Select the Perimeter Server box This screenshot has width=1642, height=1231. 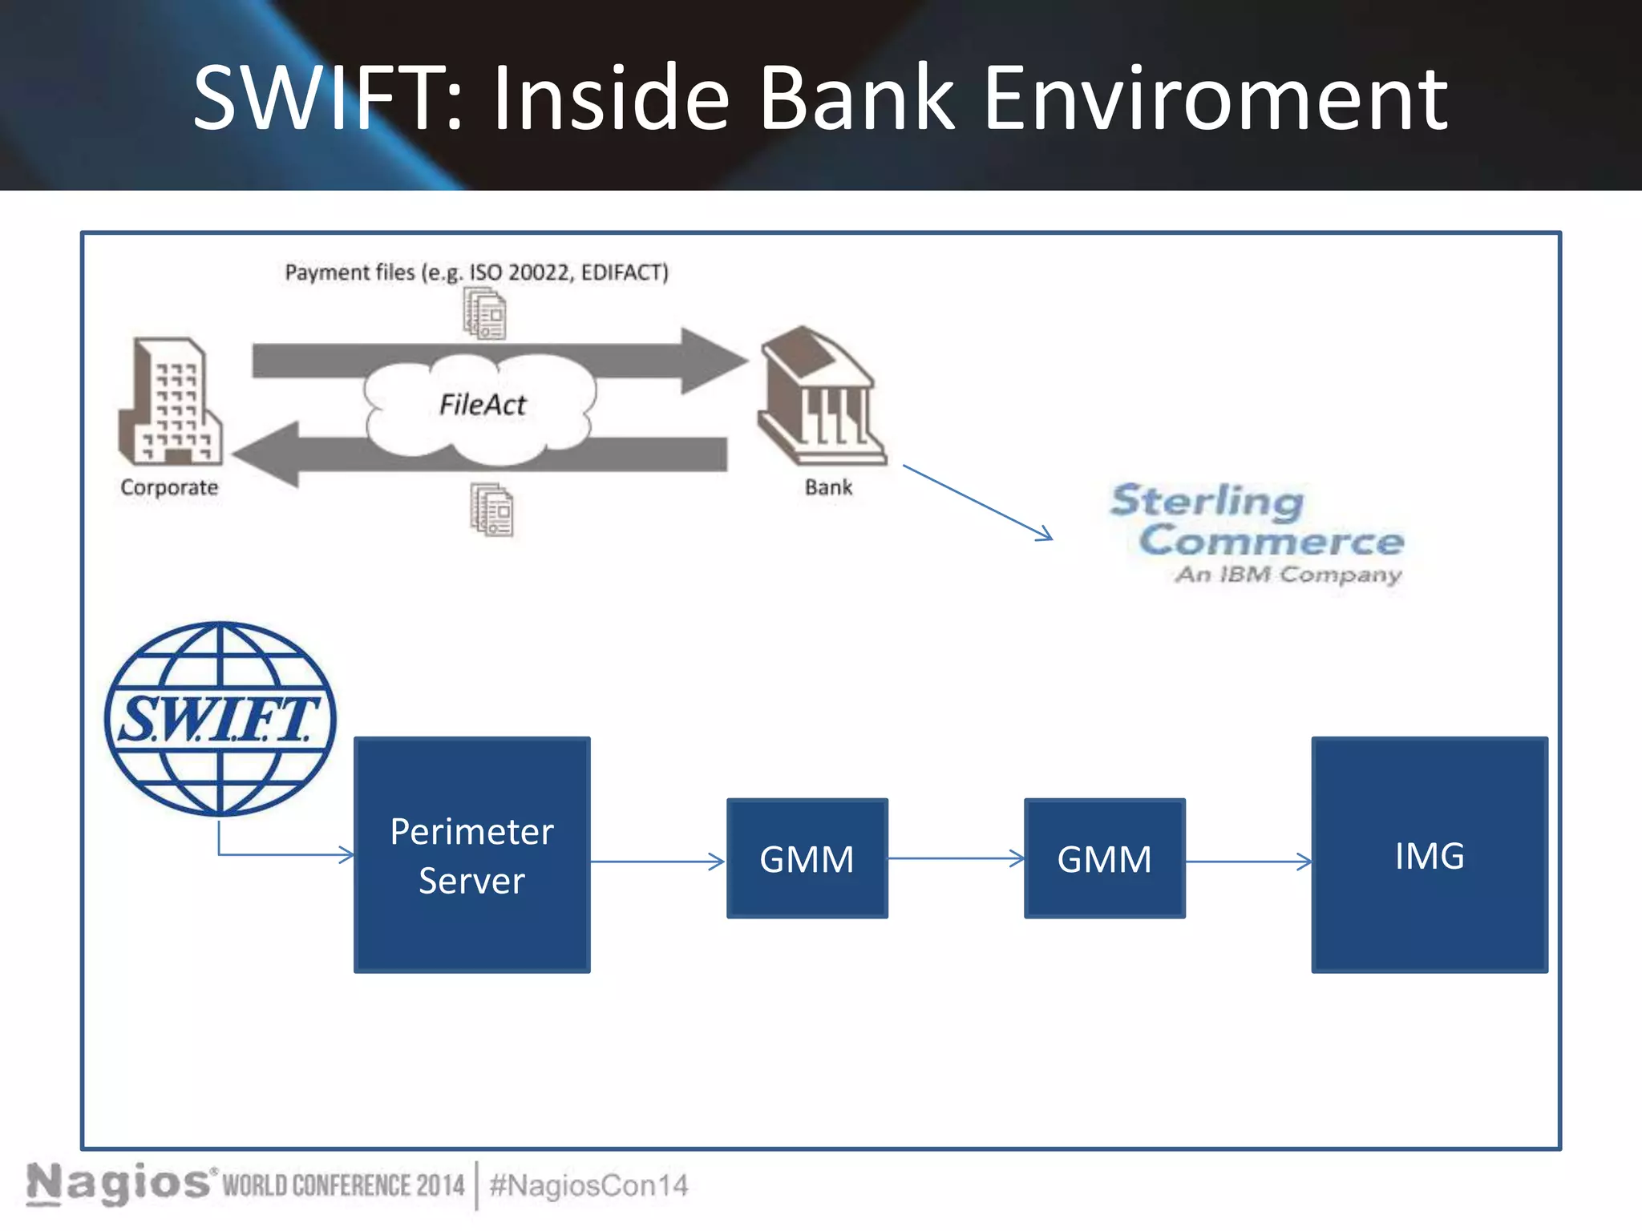click(x=471, y=855)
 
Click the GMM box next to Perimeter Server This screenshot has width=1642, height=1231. click(x=807, y=858)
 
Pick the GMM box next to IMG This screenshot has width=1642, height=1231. click(x=1104, y=858)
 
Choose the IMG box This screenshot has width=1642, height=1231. click(x=1429, y=855)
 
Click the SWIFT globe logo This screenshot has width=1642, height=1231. click(x=220, y=719)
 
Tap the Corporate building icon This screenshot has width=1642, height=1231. click(x=169, y=402)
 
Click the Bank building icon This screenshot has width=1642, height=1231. click(x=821, y=396)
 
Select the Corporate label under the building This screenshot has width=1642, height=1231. click(x=169, y=487)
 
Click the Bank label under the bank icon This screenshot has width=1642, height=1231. click(x=828, y=487)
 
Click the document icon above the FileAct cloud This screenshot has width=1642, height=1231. click(x=485, y=314)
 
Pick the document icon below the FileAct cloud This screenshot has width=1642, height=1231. click(x=491, y=510)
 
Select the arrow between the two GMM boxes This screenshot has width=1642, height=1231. click(x=956, y=858)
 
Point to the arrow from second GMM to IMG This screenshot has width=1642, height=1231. click(x=1248, y=862)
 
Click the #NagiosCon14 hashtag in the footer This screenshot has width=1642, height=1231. click(x=588, y=1185)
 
